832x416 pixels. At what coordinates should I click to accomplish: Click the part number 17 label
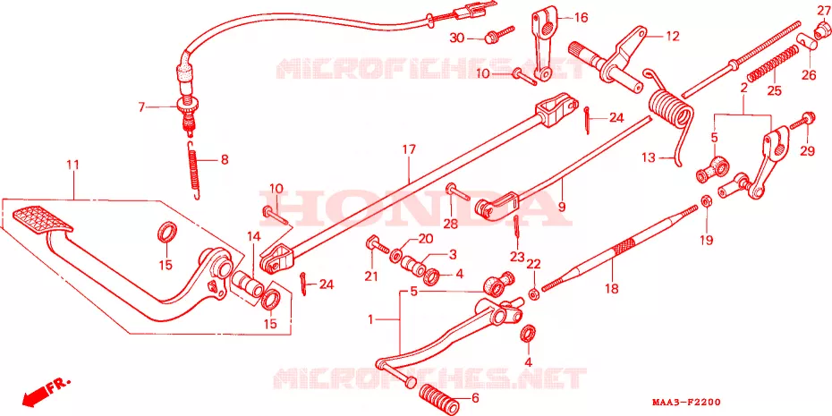[408, 150]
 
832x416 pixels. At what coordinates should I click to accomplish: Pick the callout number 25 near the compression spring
[774, 90]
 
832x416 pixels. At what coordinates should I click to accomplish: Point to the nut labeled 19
[706, 201]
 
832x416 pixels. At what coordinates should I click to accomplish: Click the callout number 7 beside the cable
[141, 107]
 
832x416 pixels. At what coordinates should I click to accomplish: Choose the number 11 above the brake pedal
[72, 165]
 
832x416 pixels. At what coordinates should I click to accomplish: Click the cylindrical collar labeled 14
[250, 283]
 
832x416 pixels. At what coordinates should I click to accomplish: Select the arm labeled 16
[543, 42]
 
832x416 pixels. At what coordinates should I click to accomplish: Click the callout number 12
[672, 37]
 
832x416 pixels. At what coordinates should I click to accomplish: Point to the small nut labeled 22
[534, 293]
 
